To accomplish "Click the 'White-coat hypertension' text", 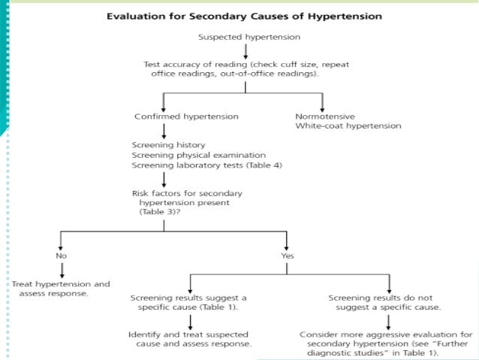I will pyautogui.click(x=348, y=126).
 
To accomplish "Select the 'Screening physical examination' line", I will pyautogui.click(x=188, y=155).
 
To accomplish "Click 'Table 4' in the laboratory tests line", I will pyautogui.click(x=258, y=165).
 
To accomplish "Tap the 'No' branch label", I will pyautogui.click(x=62, y=256).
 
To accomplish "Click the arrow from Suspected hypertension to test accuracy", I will pyautogui.click(x=246, y=51).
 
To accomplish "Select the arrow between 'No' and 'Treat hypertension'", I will pyautogui.click(x=62, y=270).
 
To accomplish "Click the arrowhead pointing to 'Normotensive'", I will pyautogui.click(x=323, y=107).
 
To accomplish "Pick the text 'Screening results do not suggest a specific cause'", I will pyautogui.click(x=386, y=302).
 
